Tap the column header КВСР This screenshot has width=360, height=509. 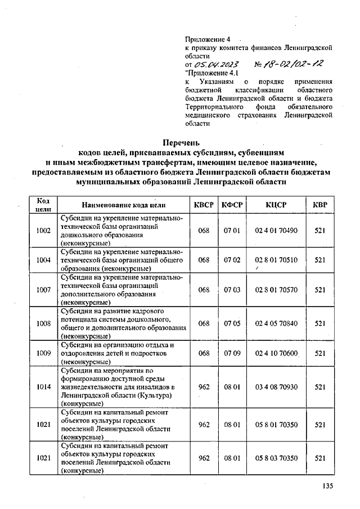click(x=204, y=205)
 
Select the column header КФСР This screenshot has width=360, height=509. click(x=232, y=205)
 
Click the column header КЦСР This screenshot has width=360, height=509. click(x=276, y=205)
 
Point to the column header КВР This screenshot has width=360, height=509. click(x=320, y=205)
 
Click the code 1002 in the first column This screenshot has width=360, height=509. click(x=43, y=230)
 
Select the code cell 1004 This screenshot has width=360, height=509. click(x=43, y=260)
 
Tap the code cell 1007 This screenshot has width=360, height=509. click(x=43, y=290)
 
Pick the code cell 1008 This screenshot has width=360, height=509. click(x=43, y=323)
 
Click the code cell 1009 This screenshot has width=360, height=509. click(x=43, y=353)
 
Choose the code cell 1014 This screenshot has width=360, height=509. click(x=43, y=387)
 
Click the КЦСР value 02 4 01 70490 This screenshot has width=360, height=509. click(x=276, y=230)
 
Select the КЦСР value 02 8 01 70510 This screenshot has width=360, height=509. click(x=276, y=260)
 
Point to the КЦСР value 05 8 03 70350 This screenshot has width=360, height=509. click(x=276, y=458)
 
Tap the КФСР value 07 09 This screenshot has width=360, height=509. click(x=232, y=353)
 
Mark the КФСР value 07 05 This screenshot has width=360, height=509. click(x=232, y=323)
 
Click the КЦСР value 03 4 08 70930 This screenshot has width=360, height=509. click(x=276, y=387)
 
